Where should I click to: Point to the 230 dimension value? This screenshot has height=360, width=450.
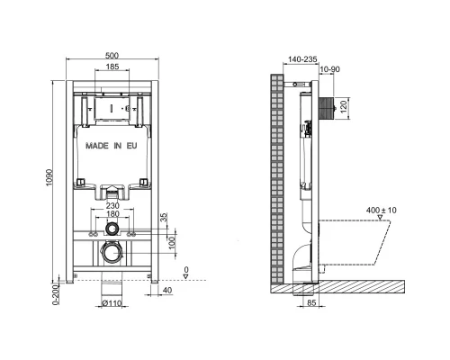click(112, 204)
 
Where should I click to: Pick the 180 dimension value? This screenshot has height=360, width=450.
click(112, 213)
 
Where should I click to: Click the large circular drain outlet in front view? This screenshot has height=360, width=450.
click(112, 253)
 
